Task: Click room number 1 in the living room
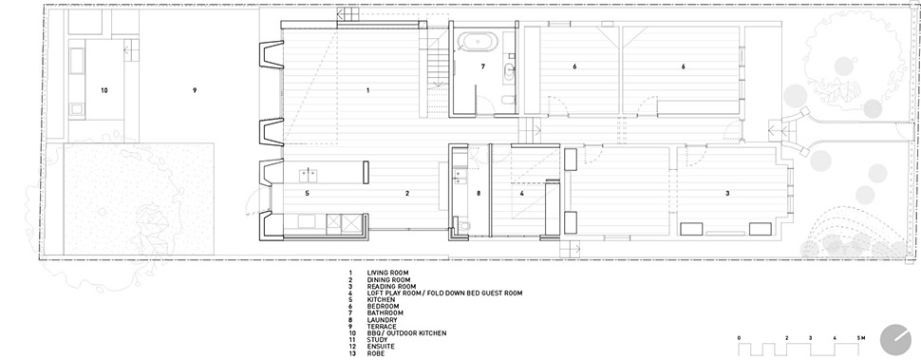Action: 367,90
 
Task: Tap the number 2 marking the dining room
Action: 406,193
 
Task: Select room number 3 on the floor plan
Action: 727,193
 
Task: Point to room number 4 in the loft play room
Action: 521,193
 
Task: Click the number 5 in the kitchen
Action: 307,193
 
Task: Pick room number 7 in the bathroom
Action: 483,66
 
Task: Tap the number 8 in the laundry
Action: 479,193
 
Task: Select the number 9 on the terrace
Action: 194,90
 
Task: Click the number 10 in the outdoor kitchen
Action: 103,90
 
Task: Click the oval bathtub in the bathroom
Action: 478,41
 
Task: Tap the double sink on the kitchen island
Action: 309,175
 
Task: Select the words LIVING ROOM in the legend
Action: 387,273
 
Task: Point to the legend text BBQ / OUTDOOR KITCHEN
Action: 406,333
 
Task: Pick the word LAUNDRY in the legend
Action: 383,320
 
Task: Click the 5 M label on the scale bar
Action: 861,338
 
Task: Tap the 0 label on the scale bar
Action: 739,338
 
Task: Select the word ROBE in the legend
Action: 376,353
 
